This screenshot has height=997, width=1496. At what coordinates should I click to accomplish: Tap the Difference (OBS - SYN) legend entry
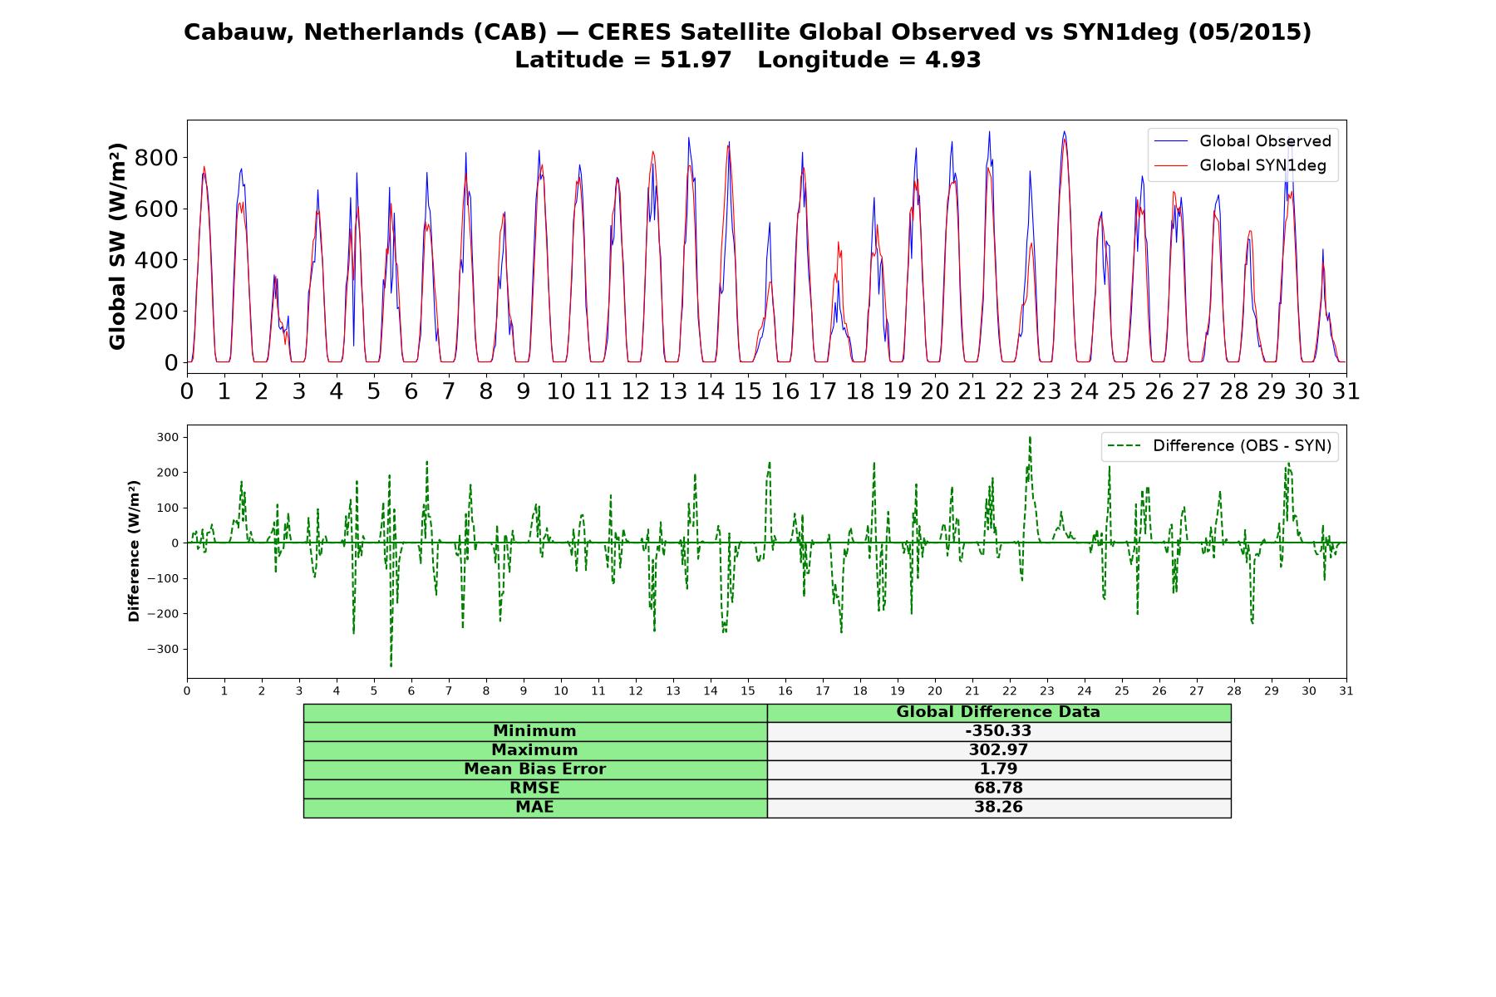(x=1219, y=446)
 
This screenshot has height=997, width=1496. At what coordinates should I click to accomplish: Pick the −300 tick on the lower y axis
(x=164, y=649)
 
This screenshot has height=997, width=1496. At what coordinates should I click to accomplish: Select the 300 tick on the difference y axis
(x=168, y=437)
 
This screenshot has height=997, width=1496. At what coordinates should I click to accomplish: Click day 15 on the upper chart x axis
(x=748, y=390)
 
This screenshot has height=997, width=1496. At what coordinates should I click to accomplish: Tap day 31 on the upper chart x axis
(x=1346, y=390)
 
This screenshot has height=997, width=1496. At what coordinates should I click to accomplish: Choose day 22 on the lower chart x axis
(x=1010, y=691)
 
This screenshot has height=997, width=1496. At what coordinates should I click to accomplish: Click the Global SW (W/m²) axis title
(x=117, y=246)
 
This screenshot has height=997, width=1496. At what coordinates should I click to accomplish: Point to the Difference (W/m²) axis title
(x=134, y=551)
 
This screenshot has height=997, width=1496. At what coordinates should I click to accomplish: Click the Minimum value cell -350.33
(x=998, y=731)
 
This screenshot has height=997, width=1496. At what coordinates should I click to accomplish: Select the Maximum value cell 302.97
(x=998, y=750)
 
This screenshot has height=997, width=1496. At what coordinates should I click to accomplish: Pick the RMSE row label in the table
(x=535, y=788)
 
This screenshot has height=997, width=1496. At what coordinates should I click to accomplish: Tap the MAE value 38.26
(x=998, y=808)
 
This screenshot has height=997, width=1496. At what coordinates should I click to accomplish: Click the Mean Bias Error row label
(x=535, y=769)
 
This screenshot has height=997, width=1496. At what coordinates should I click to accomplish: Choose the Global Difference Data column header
(x=998, y=712)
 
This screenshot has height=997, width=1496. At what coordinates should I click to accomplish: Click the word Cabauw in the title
(x=238, y=32)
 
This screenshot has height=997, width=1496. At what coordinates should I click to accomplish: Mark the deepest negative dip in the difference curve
(x=391, y=666)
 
